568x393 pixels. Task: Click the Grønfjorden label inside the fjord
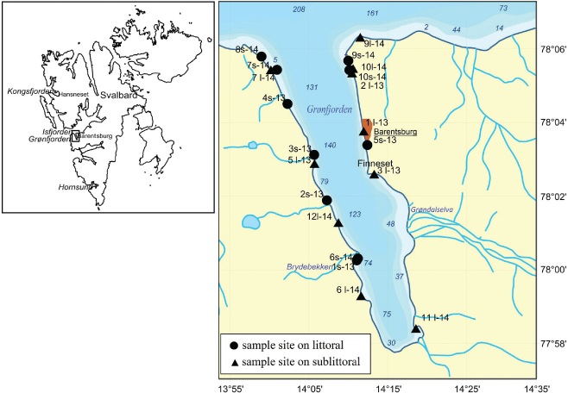329,108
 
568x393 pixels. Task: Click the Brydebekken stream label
310,268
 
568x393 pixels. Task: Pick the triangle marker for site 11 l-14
416,328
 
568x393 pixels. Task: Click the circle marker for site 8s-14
262,57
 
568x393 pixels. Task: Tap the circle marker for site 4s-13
287,103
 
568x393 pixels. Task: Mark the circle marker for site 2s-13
327,200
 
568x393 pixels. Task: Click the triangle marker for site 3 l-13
374,174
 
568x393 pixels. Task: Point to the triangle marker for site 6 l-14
361,296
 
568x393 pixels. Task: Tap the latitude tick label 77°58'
549,344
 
